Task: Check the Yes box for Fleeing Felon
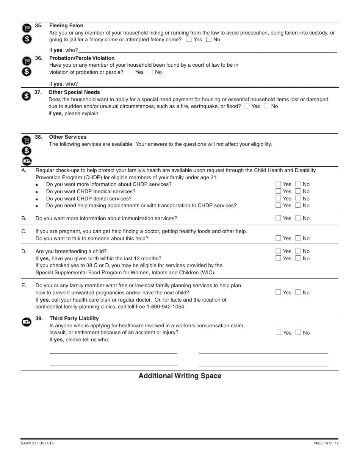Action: click(189, 39)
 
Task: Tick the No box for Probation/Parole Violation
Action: click(150, 72)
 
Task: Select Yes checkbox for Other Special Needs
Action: click(247, 106)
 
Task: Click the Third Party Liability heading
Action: click(74, 319)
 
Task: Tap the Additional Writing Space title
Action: click(180, 376)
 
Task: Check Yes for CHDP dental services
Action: click(279, 198)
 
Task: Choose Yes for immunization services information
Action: click(279, 218)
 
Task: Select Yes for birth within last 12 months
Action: click(279, 258)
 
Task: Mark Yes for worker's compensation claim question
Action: click(279, 332)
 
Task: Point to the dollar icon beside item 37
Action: click(26, 96)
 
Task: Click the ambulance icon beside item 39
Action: click(26, 322)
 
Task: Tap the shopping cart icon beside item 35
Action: click(26, 28)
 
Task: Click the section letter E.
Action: click(23, 286)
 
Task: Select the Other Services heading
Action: click(67, 137)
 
